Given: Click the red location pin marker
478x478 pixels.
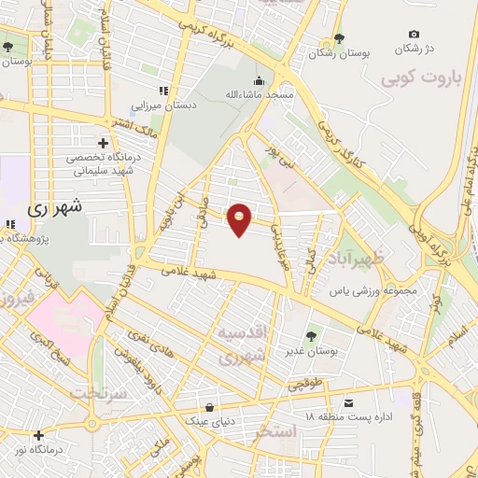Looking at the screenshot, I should tap(240, 218).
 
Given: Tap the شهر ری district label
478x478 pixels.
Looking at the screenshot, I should tap(56, 206).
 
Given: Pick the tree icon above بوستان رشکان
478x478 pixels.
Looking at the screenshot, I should tap(339, 39).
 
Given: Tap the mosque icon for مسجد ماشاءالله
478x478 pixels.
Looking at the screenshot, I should tap(259, 80).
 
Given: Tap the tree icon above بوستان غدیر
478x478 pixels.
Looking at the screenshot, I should tap(310, 335).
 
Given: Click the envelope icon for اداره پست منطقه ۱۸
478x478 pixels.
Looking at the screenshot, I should tap(348, 403).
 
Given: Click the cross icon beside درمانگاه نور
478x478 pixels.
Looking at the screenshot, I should tap(38, 435).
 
